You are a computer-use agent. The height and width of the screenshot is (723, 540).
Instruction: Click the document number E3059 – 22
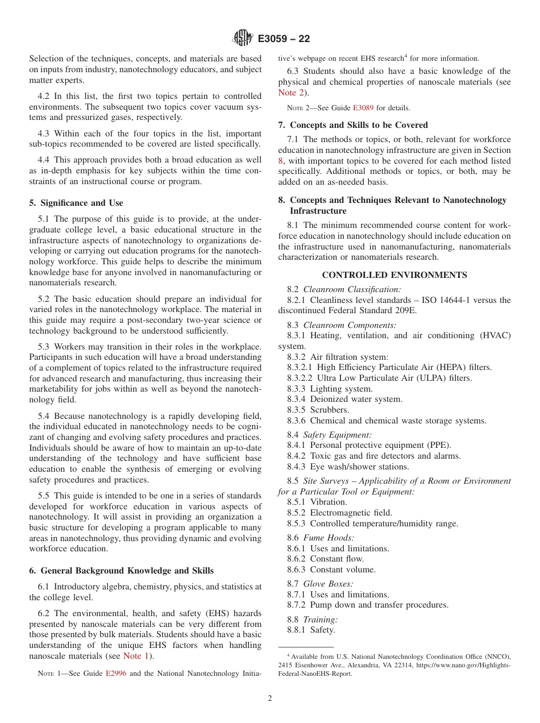(284, 39)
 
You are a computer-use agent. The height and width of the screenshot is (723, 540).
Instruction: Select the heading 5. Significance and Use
(76, 203)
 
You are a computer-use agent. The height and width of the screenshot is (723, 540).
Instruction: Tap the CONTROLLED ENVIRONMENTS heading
(394, 275)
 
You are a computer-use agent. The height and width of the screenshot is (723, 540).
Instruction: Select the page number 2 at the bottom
(270, 699)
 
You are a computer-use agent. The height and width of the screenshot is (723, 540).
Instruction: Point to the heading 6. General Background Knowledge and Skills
(121, 571)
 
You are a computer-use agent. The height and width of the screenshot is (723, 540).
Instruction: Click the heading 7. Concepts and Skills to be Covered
(353, 125)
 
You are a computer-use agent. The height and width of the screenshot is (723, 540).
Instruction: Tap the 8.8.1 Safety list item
(311, 630)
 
